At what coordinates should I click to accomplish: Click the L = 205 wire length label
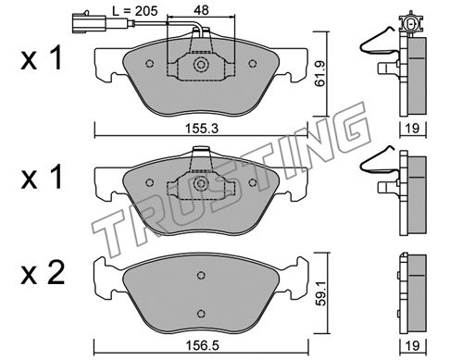[x=135, y=11]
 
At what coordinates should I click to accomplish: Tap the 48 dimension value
[x=201, y=10]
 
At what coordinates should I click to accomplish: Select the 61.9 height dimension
[x=320, y=73]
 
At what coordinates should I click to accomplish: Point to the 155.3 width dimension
[x=202, y=129]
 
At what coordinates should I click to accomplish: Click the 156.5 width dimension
[x=203, y=345]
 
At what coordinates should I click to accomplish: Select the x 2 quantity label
[x=43, y=273]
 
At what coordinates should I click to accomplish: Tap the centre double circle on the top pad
[x=201, y=65]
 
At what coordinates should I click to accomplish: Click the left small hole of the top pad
[x=150, y=64]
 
